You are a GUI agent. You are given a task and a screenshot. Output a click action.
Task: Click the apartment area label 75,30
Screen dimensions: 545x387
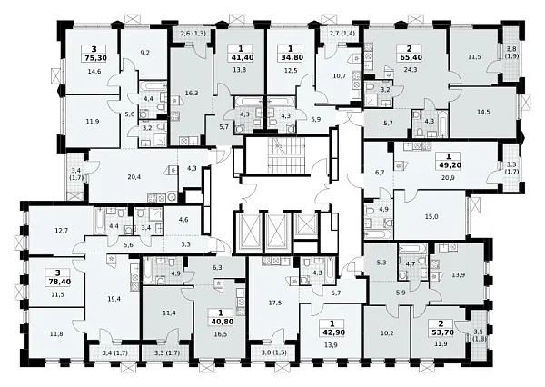tap(94, 58)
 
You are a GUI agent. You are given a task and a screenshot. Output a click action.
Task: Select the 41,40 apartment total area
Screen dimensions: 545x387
tap(241, 57)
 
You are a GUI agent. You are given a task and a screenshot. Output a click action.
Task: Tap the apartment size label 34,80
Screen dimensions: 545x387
tap(291, 57)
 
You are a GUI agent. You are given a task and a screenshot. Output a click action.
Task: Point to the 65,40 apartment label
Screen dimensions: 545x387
tap(411, 57)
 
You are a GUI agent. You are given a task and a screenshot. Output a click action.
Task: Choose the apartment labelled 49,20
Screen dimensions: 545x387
tap(450, 164)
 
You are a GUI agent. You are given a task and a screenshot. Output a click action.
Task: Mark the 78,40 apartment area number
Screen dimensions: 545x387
tap(59, 282)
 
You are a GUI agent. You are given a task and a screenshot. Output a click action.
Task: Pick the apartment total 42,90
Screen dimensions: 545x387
tap(333, 332)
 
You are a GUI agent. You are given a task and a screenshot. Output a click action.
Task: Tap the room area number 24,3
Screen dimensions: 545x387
tap(411, 70)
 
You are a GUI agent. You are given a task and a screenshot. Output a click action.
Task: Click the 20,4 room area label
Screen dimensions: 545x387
tap(134, 177)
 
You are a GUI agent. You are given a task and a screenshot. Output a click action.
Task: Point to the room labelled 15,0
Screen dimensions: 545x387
tap(431, 216)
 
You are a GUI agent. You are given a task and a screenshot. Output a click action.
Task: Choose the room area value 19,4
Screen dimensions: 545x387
tap(114, 298)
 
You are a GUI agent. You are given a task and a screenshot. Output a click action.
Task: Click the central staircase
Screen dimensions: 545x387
tap(287, 155)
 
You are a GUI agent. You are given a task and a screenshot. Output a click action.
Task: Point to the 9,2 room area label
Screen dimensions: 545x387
tap(145, 53)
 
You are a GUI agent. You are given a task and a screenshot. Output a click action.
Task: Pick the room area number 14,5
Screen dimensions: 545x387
tap(483, 112)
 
